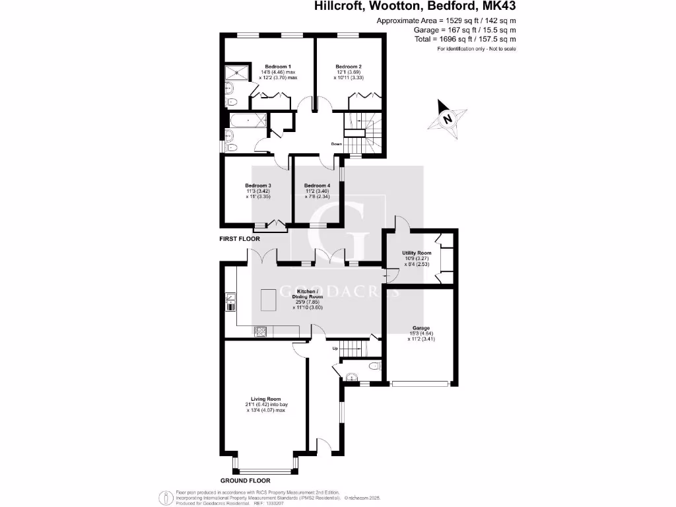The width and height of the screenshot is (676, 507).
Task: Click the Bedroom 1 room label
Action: pyautogui.click(x=277, y=67)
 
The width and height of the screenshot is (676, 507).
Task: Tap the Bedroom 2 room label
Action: pyautogui.click(x=348, y=67)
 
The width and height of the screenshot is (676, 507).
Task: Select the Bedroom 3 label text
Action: pyautogui.click(x=258, y=186)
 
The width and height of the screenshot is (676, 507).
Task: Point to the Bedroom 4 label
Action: pyautogui.click(x=317, y=186)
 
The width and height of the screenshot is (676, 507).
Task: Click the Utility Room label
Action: pyautogui.click(x=417, y=253)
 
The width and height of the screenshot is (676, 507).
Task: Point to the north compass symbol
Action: pyautogui.click(x=447, y=119)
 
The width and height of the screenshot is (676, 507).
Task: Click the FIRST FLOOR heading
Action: pyautogui.click(x=240, y=238)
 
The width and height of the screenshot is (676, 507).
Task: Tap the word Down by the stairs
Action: pyautogui.click(x=337, y=143)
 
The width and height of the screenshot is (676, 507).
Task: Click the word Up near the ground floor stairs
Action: pyautogui.click(x=335, y=348)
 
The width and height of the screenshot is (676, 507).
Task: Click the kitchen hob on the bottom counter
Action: pyautogui.click(x=259, y=331)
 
